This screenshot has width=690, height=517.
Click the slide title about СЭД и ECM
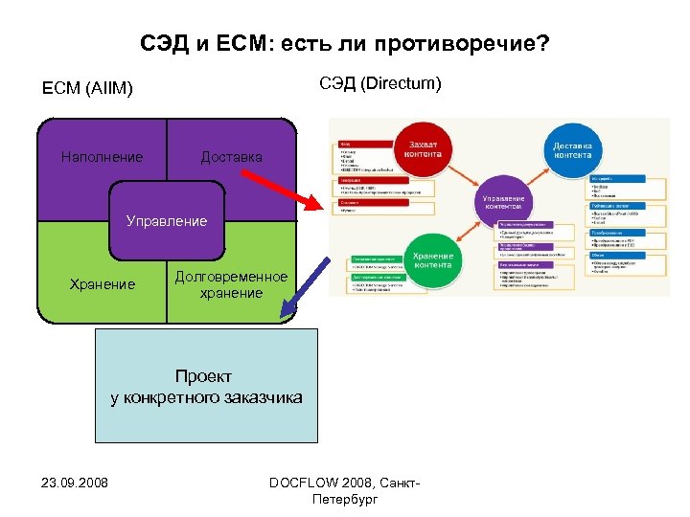tap(345, 45)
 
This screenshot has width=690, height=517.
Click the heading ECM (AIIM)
tap(88, 90)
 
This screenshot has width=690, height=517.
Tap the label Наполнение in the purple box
tap(102, 157)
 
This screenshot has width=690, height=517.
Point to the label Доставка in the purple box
tap(231, 157)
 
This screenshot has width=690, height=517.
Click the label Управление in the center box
tap(167, 221)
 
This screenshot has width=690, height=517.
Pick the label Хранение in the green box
tap(103, 284)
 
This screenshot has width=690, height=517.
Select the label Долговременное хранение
tap(231, 284)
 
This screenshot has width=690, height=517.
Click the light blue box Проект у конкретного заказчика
tap(206, 386)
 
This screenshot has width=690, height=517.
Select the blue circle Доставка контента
tap(573, 150)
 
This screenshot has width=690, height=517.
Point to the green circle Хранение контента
tap(433, 258)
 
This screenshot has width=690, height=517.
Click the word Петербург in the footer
tap(345, 499)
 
